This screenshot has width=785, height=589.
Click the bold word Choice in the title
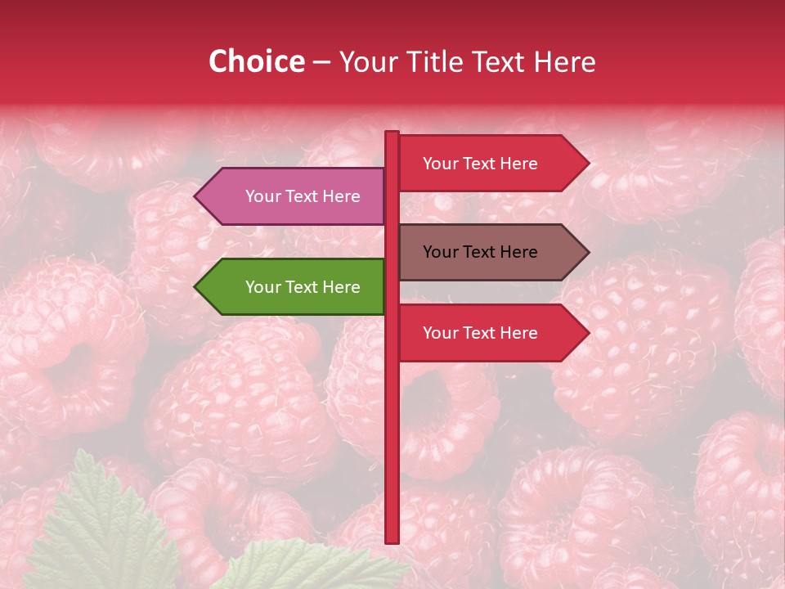coord(256,61)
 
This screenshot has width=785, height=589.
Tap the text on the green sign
coord(303,287)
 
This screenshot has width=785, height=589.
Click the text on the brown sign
coord(480,252)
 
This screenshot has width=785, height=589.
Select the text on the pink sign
coord(303,196)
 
